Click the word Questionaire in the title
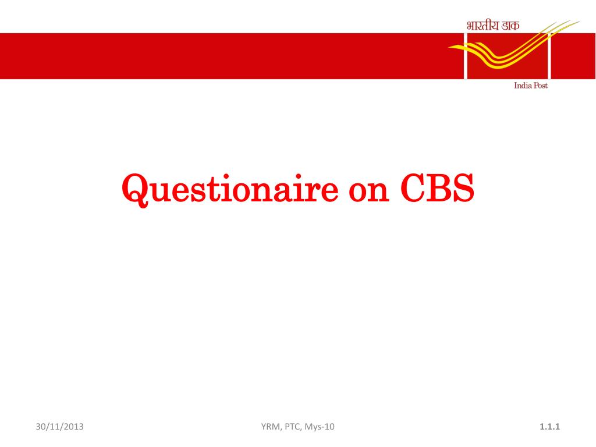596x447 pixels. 230,189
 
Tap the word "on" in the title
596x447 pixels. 368,192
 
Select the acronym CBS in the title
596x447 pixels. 437,188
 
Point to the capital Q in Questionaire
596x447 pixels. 135,190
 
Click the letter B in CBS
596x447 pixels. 438,188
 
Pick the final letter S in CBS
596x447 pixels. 464,188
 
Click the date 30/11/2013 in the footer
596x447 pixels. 60,427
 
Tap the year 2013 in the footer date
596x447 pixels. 73,427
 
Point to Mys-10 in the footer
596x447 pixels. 320,427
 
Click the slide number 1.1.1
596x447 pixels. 549,427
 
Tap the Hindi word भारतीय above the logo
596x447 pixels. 483,26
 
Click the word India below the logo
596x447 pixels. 523,86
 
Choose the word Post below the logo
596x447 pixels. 541,86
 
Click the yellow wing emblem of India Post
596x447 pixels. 514,45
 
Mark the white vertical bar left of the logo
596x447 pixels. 466,56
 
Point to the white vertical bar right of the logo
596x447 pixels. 549,56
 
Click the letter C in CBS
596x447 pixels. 412,188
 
